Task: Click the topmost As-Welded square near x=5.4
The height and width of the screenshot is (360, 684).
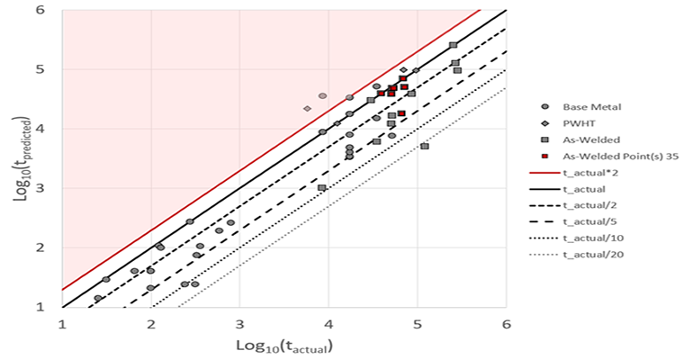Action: click(x=453, y=45)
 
